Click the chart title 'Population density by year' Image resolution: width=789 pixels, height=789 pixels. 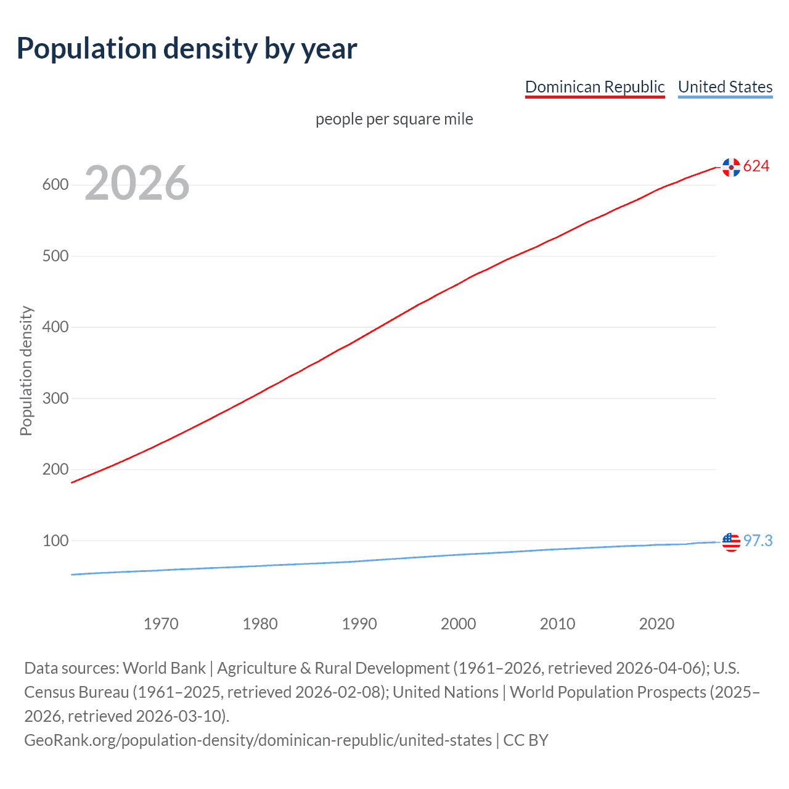pos(187,49)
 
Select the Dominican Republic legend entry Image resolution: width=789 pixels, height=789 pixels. pos(595,87)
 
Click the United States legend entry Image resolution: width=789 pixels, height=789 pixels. pos(725,87)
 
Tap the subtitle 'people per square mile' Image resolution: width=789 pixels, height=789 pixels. pos(394,119)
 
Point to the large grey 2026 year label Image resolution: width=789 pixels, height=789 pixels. pos(137,183)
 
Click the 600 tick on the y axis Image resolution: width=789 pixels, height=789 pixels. pos(55,185)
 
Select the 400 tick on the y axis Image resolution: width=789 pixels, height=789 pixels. pos(55,327)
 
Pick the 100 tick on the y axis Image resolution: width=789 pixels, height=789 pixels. pos(55,541)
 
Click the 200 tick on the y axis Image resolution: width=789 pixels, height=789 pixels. pos(55,470)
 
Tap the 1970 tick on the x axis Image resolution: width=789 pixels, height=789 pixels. pos(161,624)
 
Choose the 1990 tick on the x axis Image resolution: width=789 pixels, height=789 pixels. pos(359,624)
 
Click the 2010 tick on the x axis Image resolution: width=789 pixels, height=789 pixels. pos(557,624)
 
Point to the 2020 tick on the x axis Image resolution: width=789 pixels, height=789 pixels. pos(656,624)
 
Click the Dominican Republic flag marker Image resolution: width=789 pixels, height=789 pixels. pos(731,167)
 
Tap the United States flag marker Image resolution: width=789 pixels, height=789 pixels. pos(731,542)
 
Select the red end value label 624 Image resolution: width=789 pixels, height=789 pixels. pos(756,166)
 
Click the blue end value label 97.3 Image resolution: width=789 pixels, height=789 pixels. pos(758,541)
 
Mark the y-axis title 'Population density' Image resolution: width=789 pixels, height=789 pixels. pos(26,371)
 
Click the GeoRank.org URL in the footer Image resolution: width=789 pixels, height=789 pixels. pos(258,740)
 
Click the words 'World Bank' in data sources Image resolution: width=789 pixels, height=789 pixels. pos(164,668)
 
